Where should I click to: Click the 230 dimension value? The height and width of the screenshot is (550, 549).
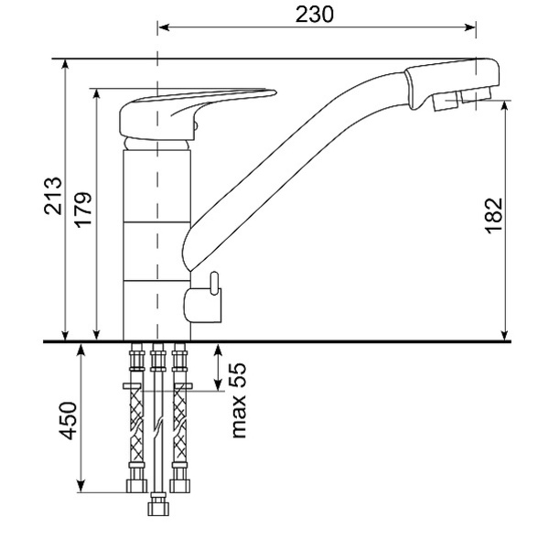pyautogui.click(x=315, y=15)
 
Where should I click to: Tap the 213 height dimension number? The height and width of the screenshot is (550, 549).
pyautogui.click(x=53, y=196)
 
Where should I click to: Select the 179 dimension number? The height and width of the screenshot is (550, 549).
pyautogui.click(x=83, y=210)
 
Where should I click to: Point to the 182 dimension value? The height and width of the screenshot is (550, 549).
pyautogui.click(x=494, y=216)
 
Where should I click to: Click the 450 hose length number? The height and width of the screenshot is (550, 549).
pyautogui.click(x=68, y=421)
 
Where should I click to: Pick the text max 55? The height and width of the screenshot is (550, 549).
pyautogui.click(x=239, y=400)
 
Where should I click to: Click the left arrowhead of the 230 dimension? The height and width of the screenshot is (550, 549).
pyautogui.click(x=164, y=27)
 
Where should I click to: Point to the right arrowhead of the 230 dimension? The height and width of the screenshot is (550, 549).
pyautogui.click(x=469, y=27)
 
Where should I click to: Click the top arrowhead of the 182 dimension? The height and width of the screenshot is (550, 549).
pyautogui.click(x=504, y=107)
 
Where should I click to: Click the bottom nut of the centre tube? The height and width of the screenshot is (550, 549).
pyautogui.click(x=158, y=504)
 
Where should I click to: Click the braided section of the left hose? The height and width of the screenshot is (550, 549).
pyautogui.click(x=136, y=426)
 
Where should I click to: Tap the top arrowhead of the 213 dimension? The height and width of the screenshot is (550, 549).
pyautogui.click(x=65, y=66)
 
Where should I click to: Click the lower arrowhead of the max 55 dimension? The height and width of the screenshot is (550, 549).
pyautogui.click(x=218, y=384)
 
